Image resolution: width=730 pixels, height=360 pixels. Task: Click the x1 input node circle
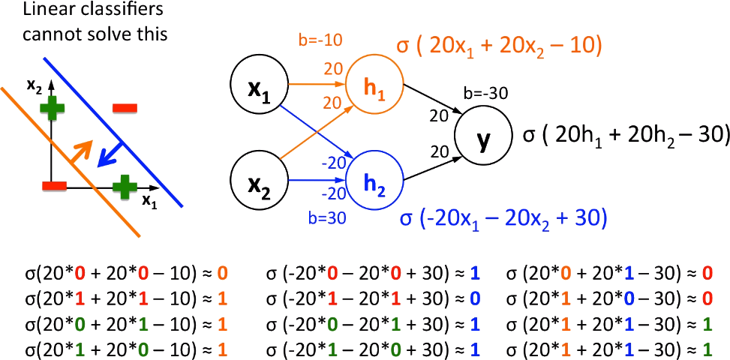click(x=257, y=90)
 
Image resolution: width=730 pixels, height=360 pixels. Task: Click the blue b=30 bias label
click(x=327, y=219)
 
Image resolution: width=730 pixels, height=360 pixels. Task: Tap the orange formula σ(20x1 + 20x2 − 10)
click(x=500, y=47)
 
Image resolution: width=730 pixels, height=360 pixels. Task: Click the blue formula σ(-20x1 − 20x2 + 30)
click(x=503, y=218)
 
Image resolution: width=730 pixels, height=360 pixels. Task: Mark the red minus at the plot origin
click(x=55, y=185)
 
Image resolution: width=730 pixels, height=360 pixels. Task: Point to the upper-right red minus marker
click(x=124, y=109)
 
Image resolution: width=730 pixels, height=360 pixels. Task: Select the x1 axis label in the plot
click(x=150, y=200)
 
